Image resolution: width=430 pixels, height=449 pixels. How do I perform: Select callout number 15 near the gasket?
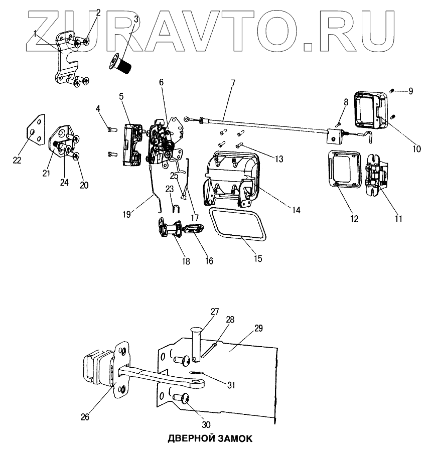(257, 259)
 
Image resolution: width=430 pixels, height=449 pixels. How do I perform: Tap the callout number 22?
(18, 160)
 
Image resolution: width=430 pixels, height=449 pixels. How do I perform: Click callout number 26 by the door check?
(86, 416)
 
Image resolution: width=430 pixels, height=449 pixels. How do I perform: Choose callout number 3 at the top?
(136, 19)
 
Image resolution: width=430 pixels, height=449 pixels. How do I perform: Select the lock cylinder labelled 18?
(171, 230)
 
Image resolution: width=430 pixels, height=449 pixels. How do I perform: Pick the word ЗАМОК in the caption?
(234, 438)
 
